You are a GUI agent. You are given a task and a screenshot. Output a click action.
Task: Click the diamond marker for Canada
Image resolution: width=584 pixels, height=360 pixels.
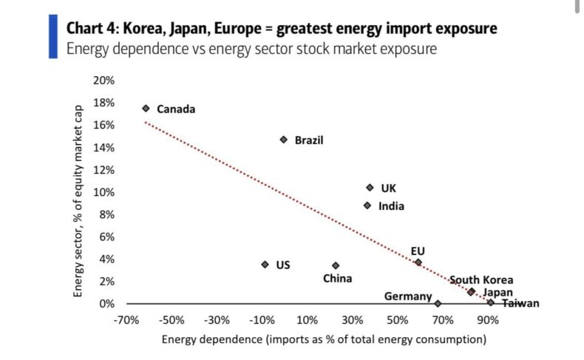146,108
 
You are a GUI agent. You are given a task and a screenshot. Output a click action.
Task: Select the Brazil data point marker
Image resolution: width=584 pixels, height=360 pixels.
283,139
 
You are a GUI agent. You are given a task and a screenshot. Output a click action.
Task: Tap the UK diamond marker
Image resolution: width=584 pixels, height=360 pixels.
370,188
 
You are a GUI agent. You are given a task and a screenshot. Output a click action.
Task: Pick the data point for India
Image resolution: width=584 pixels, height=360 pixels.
367,206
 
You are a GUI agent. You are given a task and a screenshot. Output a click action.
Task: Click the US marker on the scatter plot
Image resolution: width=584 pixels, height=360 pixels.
265,264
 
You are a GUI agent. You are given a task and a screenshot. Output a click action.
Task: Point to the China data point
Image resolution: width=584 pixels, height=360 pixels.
336,265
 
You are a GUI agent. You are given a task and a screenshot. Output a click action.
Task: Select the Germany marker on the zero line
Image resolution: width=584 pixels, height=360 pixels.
438,303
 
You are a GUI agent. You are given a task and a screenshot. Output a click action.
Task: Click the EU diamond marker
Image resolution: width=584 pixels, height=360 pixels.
418,262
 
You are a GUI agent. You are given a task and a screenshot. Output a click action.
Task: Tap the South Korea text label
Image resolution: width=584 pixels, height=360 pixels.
481,280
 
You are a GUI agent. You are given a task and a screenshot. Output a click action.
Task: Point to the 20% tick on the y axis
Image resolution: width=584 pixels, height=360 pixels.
104,81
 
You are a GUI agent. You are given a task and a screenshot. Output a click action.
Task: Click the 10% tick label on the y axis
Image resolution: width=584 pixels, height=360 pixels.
104,192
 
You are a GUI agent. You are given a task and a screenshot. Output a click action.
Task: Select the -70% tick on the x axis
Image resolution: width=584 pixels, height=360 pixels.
128,320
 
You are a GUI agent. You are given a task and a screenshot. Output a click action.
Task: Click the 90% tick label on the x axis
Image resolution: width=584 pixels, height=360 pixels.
487,320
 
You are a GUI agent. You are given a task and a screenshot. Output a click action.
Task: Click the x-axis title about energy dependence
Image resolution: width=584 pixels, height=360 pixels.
323,340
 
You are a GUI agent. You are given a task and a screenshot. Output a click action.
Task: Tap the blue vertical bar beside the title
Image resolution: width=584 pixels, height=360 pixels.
52,35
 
